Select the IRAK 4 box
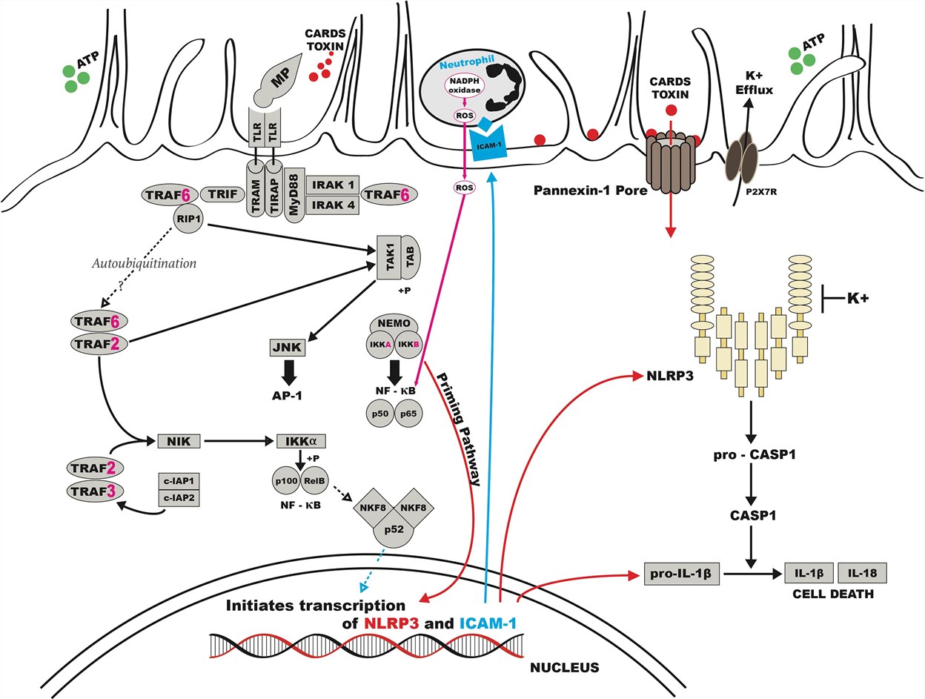coord(331,205)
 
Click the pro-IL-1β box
coord(675,574)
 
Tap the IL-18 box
coord(861,574)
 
